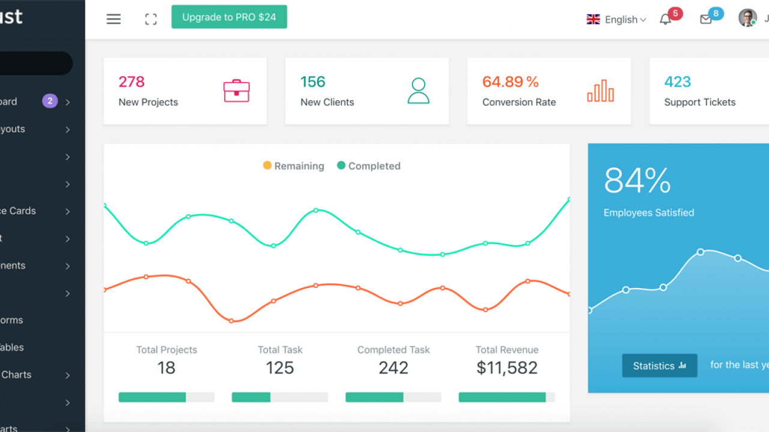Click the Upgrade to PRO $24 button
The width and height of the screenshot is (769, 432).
click(229, 17)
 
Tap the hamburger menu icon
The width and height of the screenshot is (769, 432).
click(114, 19)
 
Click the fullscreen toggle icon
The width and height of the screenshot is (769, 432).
click(151, 19)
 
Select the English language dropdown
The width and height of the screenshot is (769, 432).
click(616, 19)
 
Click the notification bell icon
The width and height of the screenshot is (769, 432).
click(665, 19)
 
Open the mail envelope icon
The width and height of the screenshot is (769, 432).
click(706, 19)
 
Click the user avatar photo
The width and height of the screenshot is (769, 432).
click(747, 18)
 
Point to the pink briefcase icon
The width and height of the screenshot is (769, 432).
click(236, 91)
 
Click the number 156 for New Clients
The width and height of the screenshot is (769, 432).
click(312, 82)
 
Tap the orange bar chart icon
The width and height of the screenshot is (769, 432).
click(600, 91)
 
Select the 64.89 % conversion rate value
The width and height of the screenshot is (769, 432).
click(510, 82)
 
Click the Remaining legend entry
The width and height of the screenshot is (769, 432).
click(294, 166)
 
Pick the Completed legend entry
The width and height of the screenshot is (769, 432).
click(368, 166)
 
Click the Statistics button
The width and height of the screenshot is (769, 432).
click(659, 365)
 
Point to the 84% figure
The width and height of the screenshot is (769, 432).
click(637, 180)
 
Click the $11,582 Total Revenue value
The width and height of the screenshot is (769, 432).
click(506, 368)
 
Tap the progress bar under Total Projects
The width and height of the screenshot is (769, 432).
click(166, 397)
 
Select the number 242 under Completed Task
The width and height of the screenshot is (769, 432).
click(393, 368)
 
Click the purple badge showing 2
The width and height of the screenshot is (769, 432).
click(50, 101)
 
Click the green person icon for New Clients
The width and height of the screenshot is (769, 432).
click(418, 91)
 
